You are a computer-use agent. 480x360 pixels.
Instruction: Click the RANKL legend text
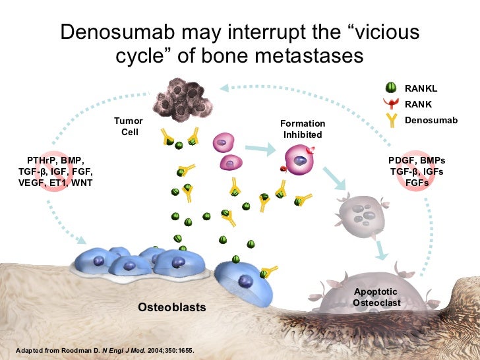421,88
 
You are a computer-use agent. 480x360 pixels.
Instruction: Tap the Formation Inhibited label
303,129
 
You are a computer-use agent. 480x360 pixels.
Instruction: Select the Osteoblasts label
171,307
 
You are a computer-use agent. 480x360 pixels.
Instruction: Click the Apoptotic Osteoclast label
376,297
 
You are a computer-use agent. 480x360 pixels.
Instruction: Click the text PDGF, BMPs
417,161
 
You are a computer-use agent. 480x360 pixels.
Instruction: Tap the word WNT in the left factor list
82,183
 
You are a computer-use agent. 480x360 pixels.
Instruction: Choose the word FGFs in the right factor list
417,183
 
